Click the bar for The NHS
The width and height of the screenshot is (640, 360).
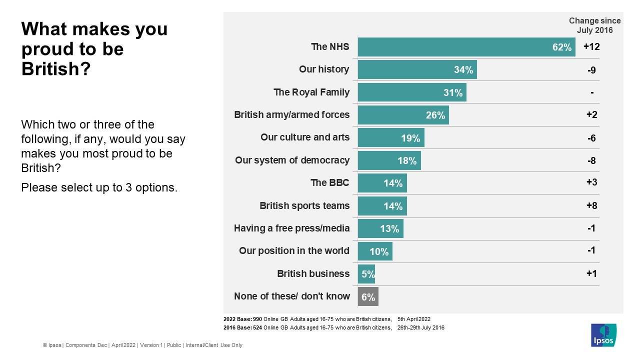(x=466, y=47)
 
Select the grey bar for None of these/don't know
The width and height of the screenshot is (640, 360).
(x=368, y=296)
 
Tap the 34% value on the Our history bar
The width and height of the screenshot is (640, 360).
(x=463, y=70)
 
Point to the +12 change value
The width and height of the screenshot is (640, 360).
(x=591, y=47)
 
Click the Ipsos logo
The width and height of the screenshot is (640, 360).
(x=603, y=335)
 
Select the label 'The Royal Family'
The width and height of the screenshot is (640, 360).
(x=311, y=92)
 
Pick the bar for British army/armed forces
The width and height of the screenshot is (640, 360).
(x=403, y=115)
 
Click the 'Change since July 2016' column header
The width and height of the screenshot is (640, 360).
(x=594, y=25)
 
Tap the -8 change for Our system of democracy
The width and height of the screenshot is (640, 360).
(x=592, y=160)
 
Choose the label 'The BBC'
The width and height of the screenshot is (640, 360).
(x=330, y=183)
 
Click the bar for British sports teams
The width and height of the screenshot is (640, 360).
(x=382, y=205)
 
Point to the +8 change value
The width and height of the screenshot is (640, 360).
(x=592, y=205)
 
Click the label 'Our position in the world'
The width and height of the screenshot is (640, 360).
(x=294, y=251)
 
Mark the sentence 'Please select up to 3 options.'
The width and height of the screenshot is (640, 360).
(x=99, y=188)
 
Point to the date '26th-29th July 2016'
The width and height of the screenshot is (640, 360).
(x=421, y=328)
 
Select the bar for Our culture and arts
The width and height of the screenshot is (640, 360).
(x=391, y=138)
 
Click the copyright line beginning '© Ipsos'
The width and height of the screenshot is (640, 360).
(x=142, y=345)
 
